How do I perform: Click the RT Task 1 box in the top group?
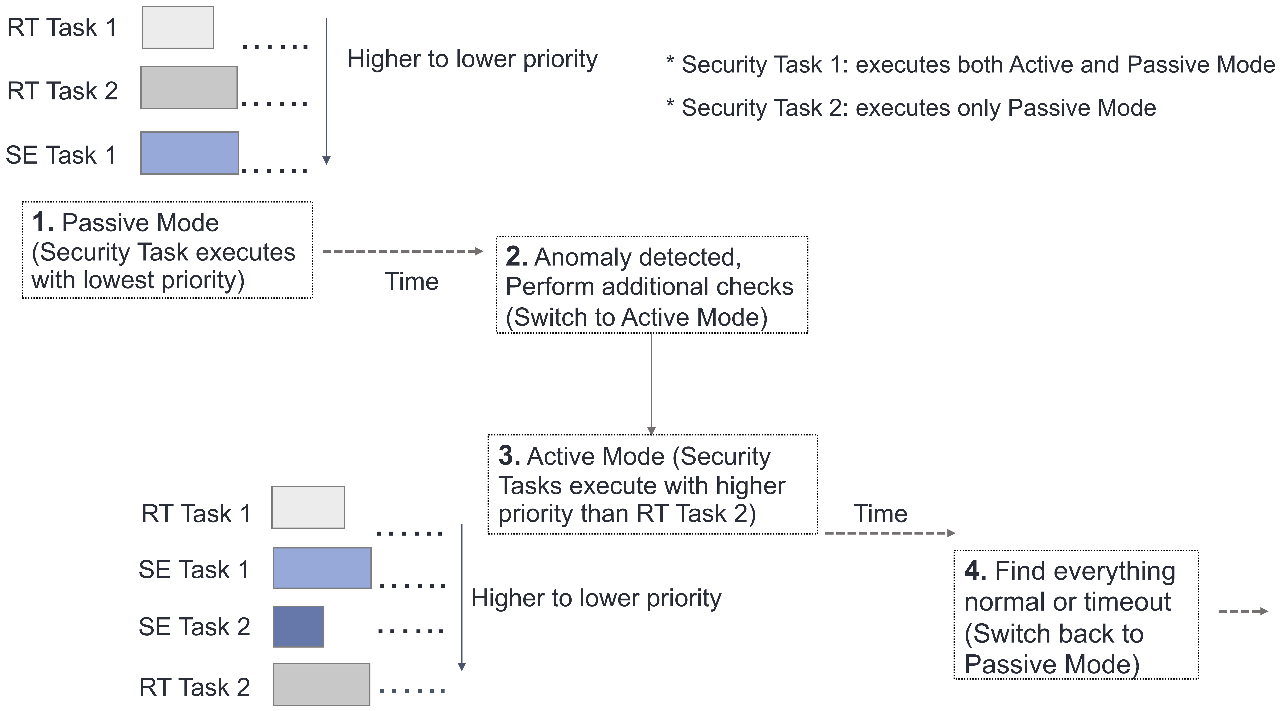(x=177, y=27)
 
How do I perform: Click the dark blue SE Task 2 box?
(x=298, y=626)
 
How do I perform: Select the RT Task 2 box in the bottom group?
(x=321, y=684)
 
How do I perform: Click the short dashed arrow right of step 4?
(x=1243, y=611)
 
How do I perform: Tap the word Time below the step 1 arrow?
(x=412, y=281)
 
